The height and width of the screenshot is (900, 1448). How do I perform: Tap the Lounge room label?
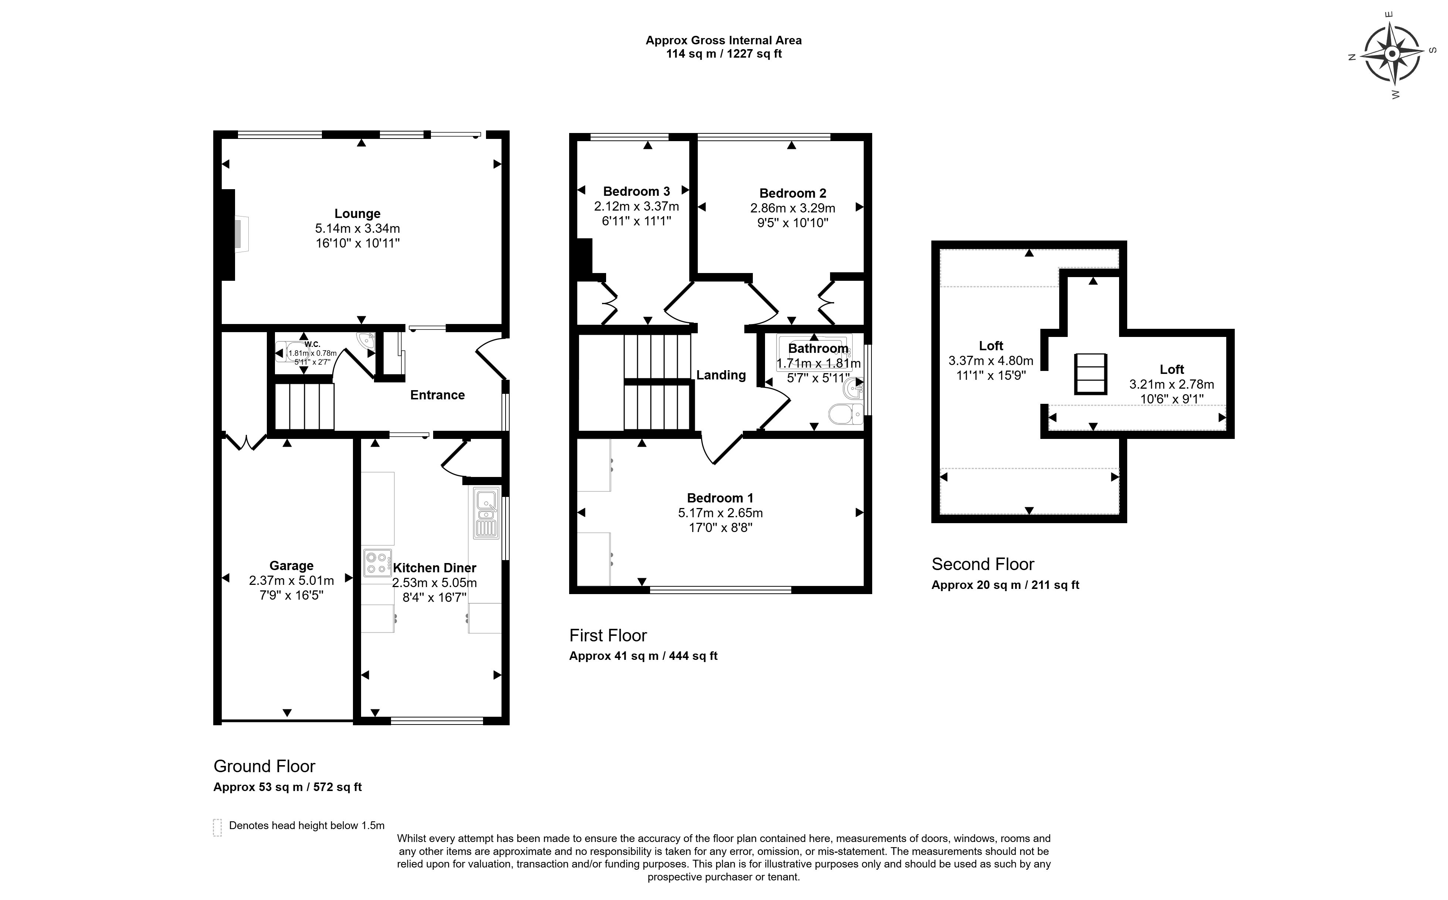click(357, 213)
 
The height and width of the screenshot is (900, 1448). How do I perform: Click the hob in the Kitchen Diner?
click(377, 563)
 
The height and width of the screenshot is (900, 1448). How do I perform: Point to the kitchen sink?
click(486, 513)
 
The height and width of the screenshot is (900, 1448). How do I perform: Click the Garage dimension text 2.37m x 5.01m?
click(291, 580)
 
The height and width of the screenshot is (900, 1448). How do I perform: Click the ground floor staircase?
click(304, 406)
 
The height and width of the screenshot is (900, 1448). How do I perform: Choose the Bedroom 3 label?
click(636, 191)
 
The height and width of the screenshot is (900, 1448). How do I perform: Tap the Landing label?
click(721, 375)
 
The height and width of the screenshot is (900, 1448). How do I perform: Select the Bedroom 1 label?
click(720, 498)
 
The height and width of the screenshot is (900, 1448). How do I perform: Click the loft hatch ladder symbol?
click(1090, 374)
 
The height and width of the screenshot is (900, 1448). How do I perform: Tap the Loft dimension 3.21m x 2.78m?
click(1171, 385)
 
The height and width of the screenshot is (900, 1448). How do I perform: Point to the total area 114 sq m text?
click(723, 54)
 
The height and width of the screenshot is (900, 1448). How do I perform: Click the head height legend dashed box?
click(217, 827)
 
